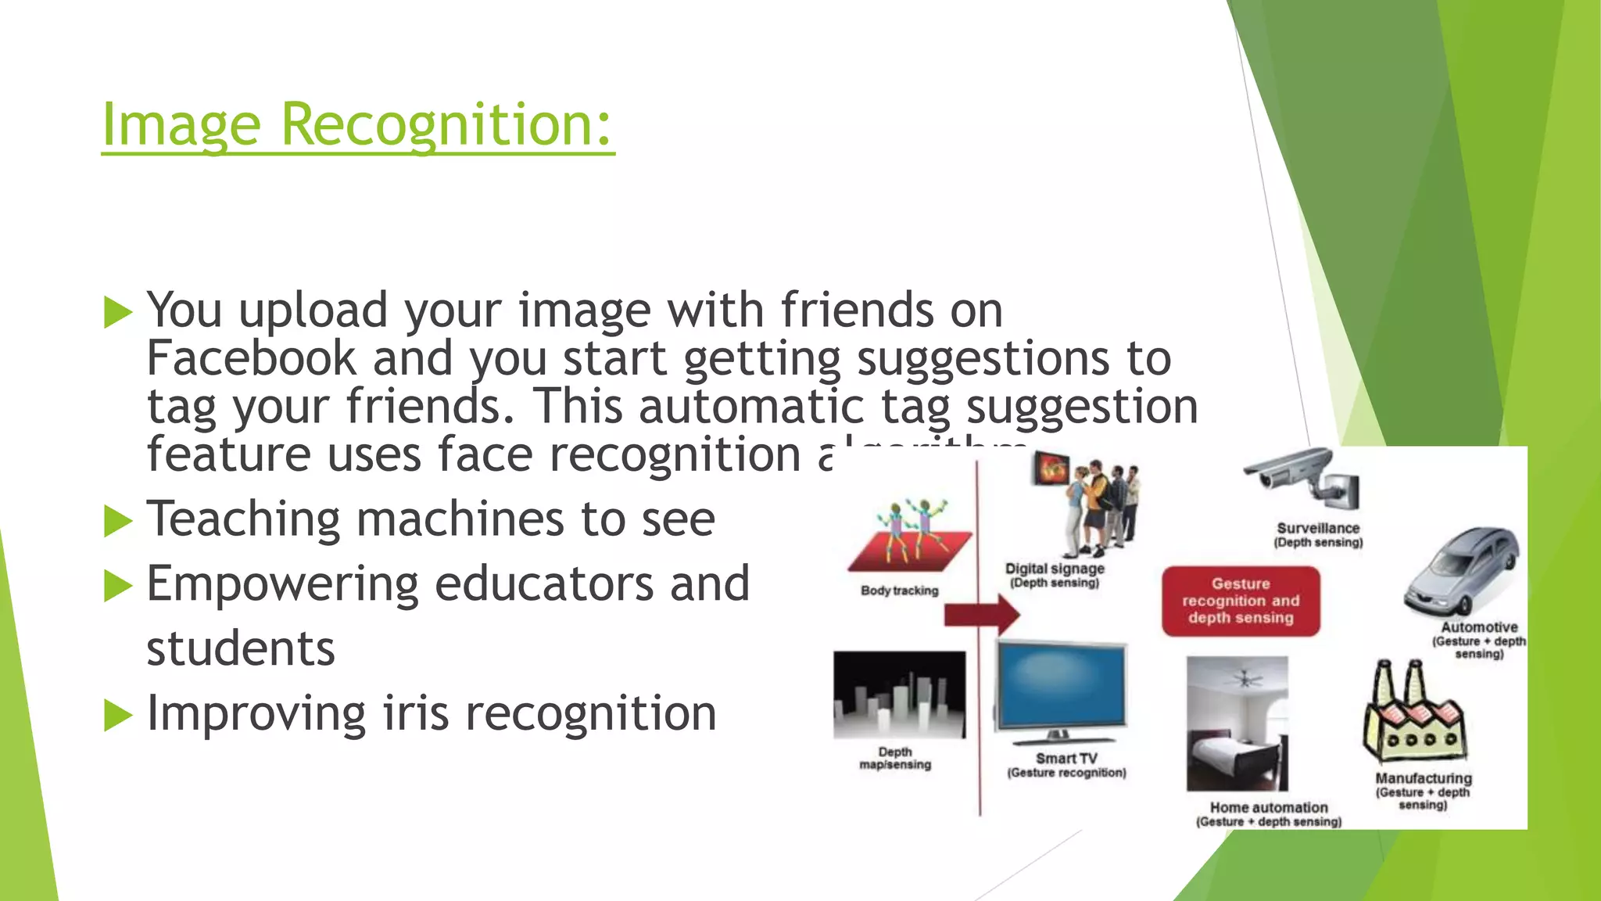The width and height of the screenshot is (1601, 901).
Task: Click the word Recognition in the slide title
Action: click(x=446, y=125)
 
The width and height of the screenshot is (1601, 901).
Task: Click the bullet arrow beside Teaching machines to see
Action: click(x=118, y=521)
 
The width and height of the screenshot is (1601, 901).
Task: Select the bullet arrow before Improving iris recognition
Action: click(x=118, y=716)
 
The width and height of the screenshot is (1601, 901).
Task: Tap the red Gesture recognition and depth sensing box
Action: click(x=1241, y=601)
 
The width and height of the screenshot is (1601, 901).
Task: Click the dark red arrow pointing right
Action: click(x=982, y=616)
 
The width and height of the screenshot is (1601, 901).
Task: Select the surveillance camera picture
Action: click(x=1302, y=478)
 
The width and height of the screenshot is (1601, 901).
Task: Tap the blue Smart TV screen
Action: click(x=1061, y=685)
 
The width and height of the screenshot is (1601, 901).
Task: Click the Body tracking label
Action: click(x=899, y=590)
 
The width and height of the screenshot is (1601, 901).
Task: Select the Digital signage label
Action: click(x=1055, y=569)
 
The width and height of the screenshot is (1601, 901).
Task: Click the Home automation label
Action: click(x=1269, y=807)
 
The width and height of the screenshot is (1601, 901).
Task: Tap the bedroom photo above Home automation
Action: click(x=1237, y=723)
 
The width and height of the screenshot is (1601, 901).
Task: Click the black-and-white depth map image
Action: click(x=899, y=695)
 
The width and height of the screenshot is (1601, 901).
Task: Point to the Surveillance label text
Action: click(x=1318, y=529)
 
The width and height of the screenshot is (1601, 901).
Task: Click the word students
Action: click(x=241, y=649)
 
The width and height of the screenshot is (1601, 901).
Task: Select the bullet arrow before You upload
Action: click(x=118, y=312)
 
